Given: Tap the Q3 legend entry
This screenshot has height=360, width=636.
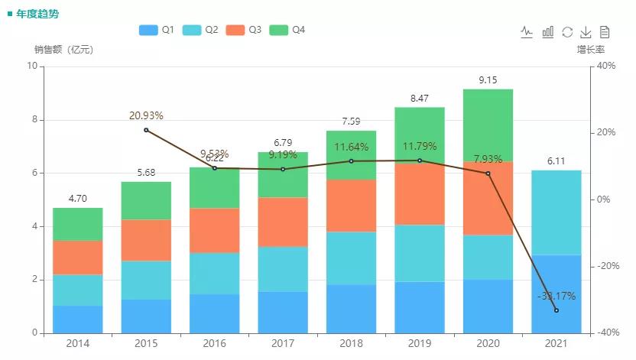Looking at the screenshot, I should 244,30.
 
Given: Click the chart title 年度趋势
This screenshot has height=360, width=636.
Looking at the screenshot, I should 37,14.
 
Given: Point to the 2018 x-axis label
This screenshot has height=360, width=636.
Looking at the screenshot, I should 351,344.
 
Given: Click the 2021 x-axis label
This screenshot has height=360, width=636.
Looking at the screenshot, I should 556,344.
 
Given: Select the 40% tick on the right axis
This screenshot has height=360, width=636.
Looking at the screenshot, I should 605,66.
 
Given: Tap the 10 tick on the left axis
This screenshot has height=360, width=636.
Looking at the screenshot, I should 32,66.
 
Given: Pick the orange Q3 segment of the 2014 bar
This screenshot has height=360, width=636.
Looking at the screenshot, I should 78,258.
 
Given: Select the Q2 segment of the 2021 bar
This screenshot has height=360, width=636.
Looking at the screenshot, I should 556,212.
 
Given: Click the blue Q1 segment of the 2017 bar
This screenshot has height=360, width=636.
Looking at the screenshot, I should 283,312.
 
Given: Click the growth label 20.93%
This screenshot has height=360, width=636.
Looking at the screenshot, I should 146,115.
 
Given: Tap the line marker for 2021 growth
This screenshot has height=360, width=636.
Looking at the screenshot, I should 556,310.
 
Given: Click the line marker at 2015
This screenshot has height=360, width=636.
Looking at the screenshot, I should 146,130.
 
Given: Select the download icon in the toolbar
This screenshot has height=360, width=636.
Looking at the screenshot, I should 586,31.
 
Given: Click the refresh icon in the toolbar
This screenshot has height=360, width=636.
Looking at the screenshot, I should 567,31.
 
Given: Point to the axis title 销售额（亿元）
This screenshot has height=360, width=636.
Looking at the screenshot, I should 63,50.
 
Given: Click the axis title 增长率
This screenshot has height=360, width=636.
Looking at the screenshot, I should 591,50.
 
